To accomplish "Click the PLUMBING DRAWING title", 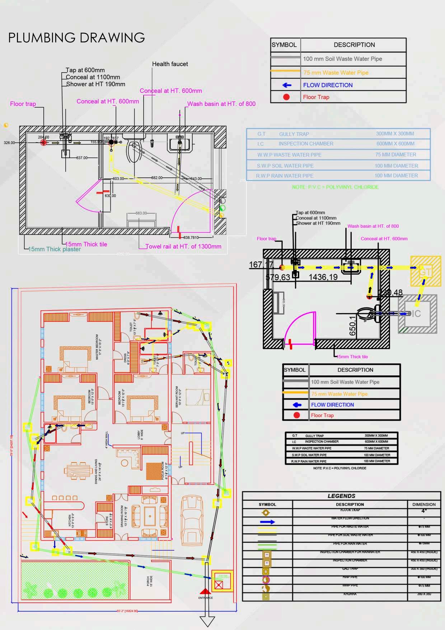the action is pos(76,38).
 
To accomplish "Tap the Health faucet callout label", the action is pos(170,64).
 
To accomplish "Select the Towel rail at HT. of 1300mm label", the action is pos(183,246).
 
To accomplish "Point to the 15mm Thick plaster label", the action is pos(55,249).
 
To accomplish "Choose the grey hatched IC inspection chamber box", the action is pos(417,314).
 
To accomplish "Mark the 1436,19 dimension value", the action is pos(323,277).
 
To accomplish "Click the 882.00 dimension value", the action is pos(157,178).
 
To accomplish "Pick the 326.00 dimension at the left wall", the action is pos(9,143).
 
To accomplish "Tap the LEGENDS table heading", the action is pos(341,496).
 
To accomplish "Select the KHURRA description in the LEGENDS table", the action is pos(350,594).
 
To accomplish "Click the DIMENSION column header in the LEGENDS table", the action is pos(424,504).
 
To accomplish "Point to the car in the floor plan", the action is pos(191,517).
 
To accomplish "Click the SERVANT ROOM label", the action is pos(177,397).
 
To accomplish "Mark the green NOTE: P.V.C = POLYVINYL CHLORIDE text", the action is pos(335,187).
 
